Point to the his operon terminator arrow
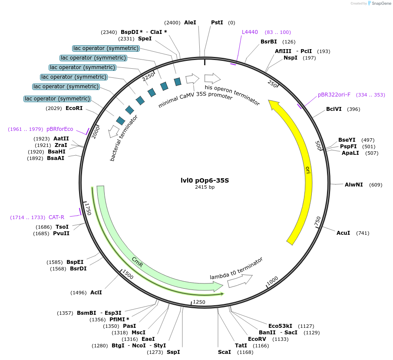[x=212, y=78]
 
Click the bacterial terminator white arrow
[x=114, y=131]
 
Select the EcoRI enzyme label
[x=74, y=108]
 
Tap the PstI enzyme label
[x=217, y=22]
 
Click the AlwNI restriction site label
[x=353, y=185]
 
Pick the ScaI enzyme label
[x=225, y=352]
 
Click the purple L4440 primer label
[x=250, y=32]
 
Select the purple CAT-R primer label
[x=56, y=217]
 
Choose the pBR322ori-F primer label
[x=334, y=95]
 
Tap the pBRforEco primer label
[x=60, y=129]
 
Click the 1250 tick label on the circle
[x=199, y=302]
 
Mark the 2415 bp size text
[x=205, y=187]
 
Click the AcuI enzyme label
[x=343, y=233]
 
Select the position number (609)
[x=376, y=185]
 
